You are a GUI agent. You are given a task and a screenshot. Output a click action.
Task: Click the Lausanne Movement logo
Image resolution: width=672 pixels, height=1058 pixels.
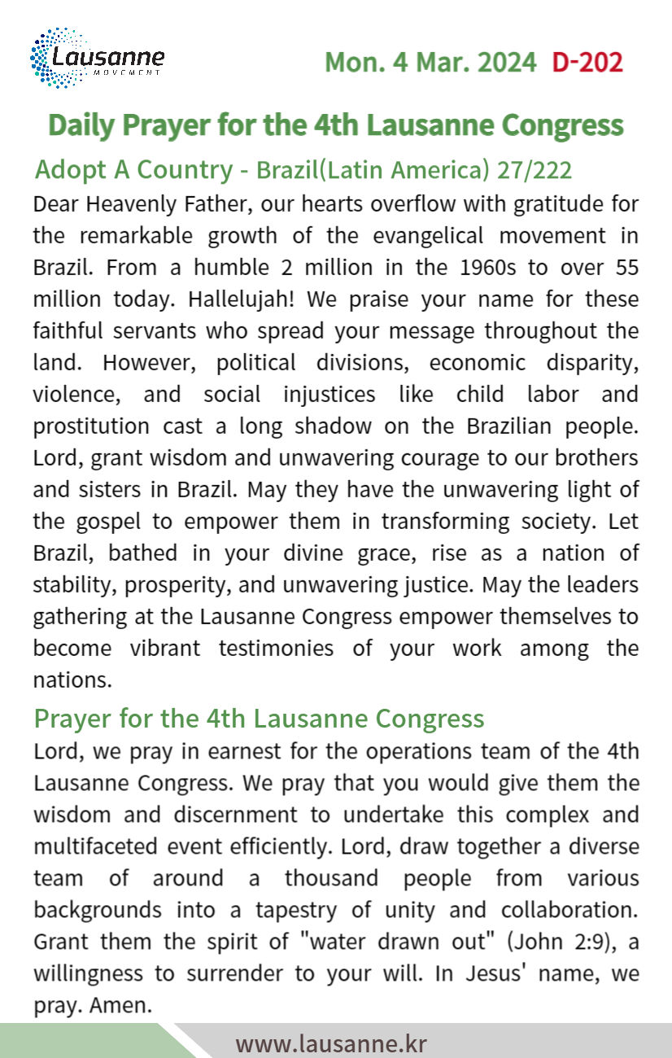(97, 57)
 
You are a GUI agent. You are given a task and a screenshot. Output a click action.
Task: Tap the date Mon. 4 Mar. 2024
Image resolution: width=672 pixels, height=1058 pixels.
(430, 62)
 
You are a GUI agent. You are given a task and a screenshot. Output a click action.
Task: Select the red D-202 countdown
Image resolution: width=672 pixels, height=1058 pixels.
(587, 62)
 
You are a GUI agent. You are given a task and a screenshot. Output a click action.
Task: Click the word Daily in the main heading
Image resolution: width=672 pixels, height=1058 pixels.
(81, 125)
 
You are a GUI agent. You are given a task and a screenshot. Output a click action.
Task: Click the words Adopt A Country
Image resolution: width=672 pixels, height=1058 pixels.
(133, 170)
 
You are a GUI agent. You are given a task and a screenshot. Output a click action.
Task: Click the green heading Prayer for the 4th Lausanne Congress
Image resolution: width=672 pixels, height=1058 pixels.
(259, 719)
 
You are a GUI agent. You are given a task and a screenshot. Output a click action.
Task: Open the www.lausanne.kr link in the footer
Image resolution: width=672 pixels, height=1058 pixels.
(331, 1043)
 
